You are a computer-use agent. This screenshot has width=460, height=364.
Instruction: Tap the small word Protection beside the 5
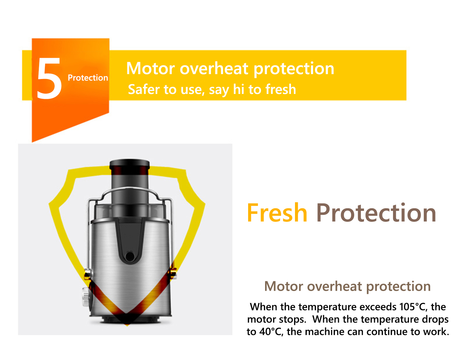(x=88, y=78)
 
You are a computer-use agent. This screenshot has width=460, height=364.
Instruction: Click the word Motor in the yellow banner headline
(x=150, y=68)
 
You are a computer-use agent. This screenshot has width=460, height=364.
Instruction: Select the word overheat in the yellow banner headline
(x=214, y=68)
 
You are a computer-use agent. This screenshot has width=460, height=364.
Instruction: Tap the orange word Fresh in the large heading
(x=277, y=213)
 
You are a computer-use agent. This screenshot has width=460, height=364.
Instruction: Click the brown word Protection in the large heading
(x=376, y=213)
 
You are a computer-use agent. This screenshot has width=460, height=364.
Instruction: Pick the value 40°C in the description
(x=271, y=332)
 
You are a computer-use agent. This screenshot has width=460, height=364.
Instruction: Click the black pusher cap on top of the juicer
(x=129, y=164)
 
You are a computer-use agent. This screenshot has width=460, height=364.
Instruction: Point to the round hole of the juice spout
(x=130, y=256)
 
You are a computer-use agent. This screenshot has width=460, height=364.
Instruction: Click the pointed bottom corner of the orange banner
(x=32, y=142)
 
